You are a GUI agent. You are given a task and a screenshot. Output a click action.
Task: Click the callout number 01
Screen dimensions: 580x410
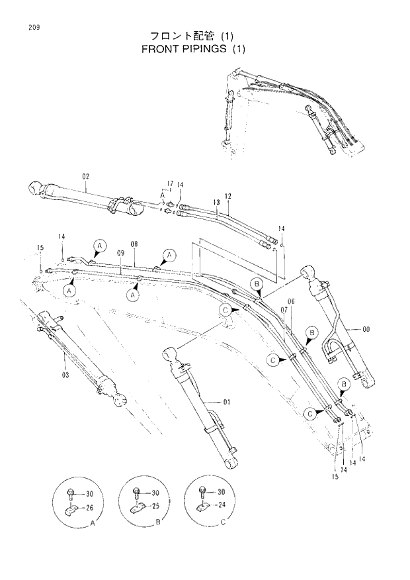tap(226, 401)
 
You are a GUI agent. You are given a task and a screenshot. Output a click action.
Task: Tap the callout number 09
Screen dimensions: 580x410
tap(121, 252)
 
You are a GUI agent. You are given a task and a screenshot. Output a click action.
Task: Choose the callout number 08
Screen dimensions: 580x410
tap(134, 244)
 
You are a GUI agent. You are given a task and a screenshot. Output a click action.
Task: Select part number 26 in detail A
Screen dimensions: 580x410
tap(90, 508)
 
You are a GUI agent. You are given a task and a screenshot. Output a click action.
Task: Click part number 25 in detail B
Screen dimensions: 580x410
tap(156, 506)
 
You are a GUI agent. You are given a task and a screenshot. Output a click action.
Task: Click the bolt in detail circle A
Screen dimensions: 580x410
tap(70, 492)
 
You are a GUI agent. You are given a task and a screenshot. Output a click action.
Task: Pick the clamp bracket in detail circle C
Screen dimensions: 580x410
tap(204, 507)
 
